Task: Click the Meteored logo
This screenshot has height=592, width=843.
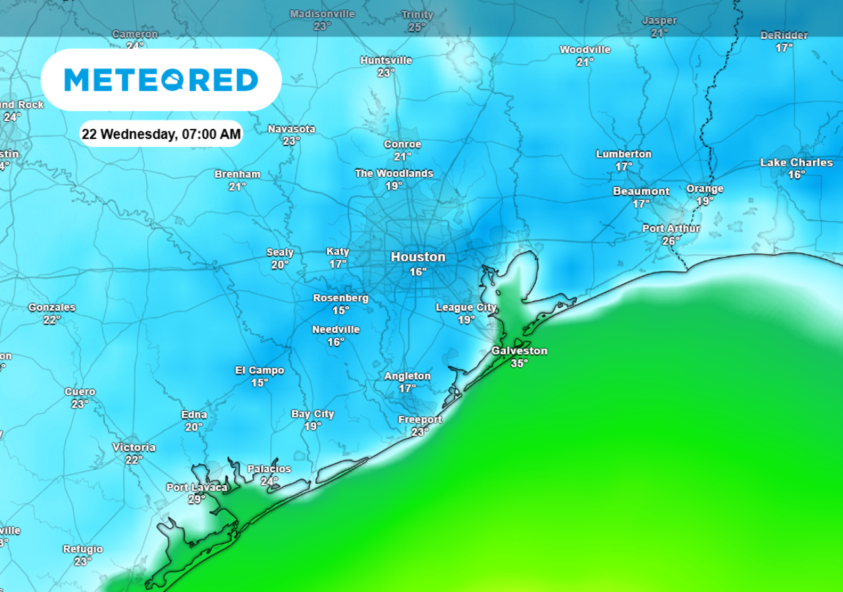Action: (x=161, y=80)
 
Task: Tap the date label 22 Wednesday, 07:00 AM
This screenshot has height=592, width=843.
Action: (x=161, y=134)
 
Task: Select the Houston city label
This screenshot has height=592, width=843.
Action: (x=418, y=257)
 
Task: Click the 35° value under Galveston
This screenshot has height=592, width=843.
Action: (x=519, y=363)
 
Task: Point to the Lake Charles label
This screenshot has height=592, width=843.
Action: (x=796, y=163)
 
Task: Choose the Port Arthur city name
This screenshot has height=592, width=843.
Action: (x=671, y=229)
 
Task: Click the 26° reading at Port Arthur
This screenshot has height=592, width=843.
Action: (x=671, y=240)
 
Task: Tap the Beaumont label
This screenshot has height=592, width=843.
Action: (x=641, y=192)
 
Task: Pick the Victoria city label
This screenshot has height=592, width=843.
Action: (x=134, y=448)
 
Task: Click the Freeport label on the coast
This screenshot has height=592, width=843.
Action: (x=420, y=419)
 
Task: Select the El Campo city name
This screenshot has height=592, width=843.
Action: (x=259, y=370)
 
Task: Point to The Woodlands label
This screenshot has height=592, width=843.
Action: (x=394, y=173)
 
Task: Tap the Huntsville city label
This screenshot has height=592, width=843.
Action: (x=386, y=61)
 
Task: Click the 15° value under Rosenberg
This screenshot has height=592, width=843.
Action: (x=340, y=310)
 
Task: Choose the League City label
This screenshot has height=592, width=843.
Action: (x=466, y=308)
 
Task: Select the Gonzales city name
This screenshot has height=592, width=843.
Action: (x=52, y=308)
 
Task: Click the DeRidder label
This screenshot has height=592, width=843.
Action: (x=784, y=36)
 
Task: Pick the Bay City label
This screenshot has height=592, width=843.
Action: (x=313, y=414)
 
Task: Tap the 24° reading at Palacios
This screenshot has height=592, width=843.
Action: (x=269, y=481)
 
